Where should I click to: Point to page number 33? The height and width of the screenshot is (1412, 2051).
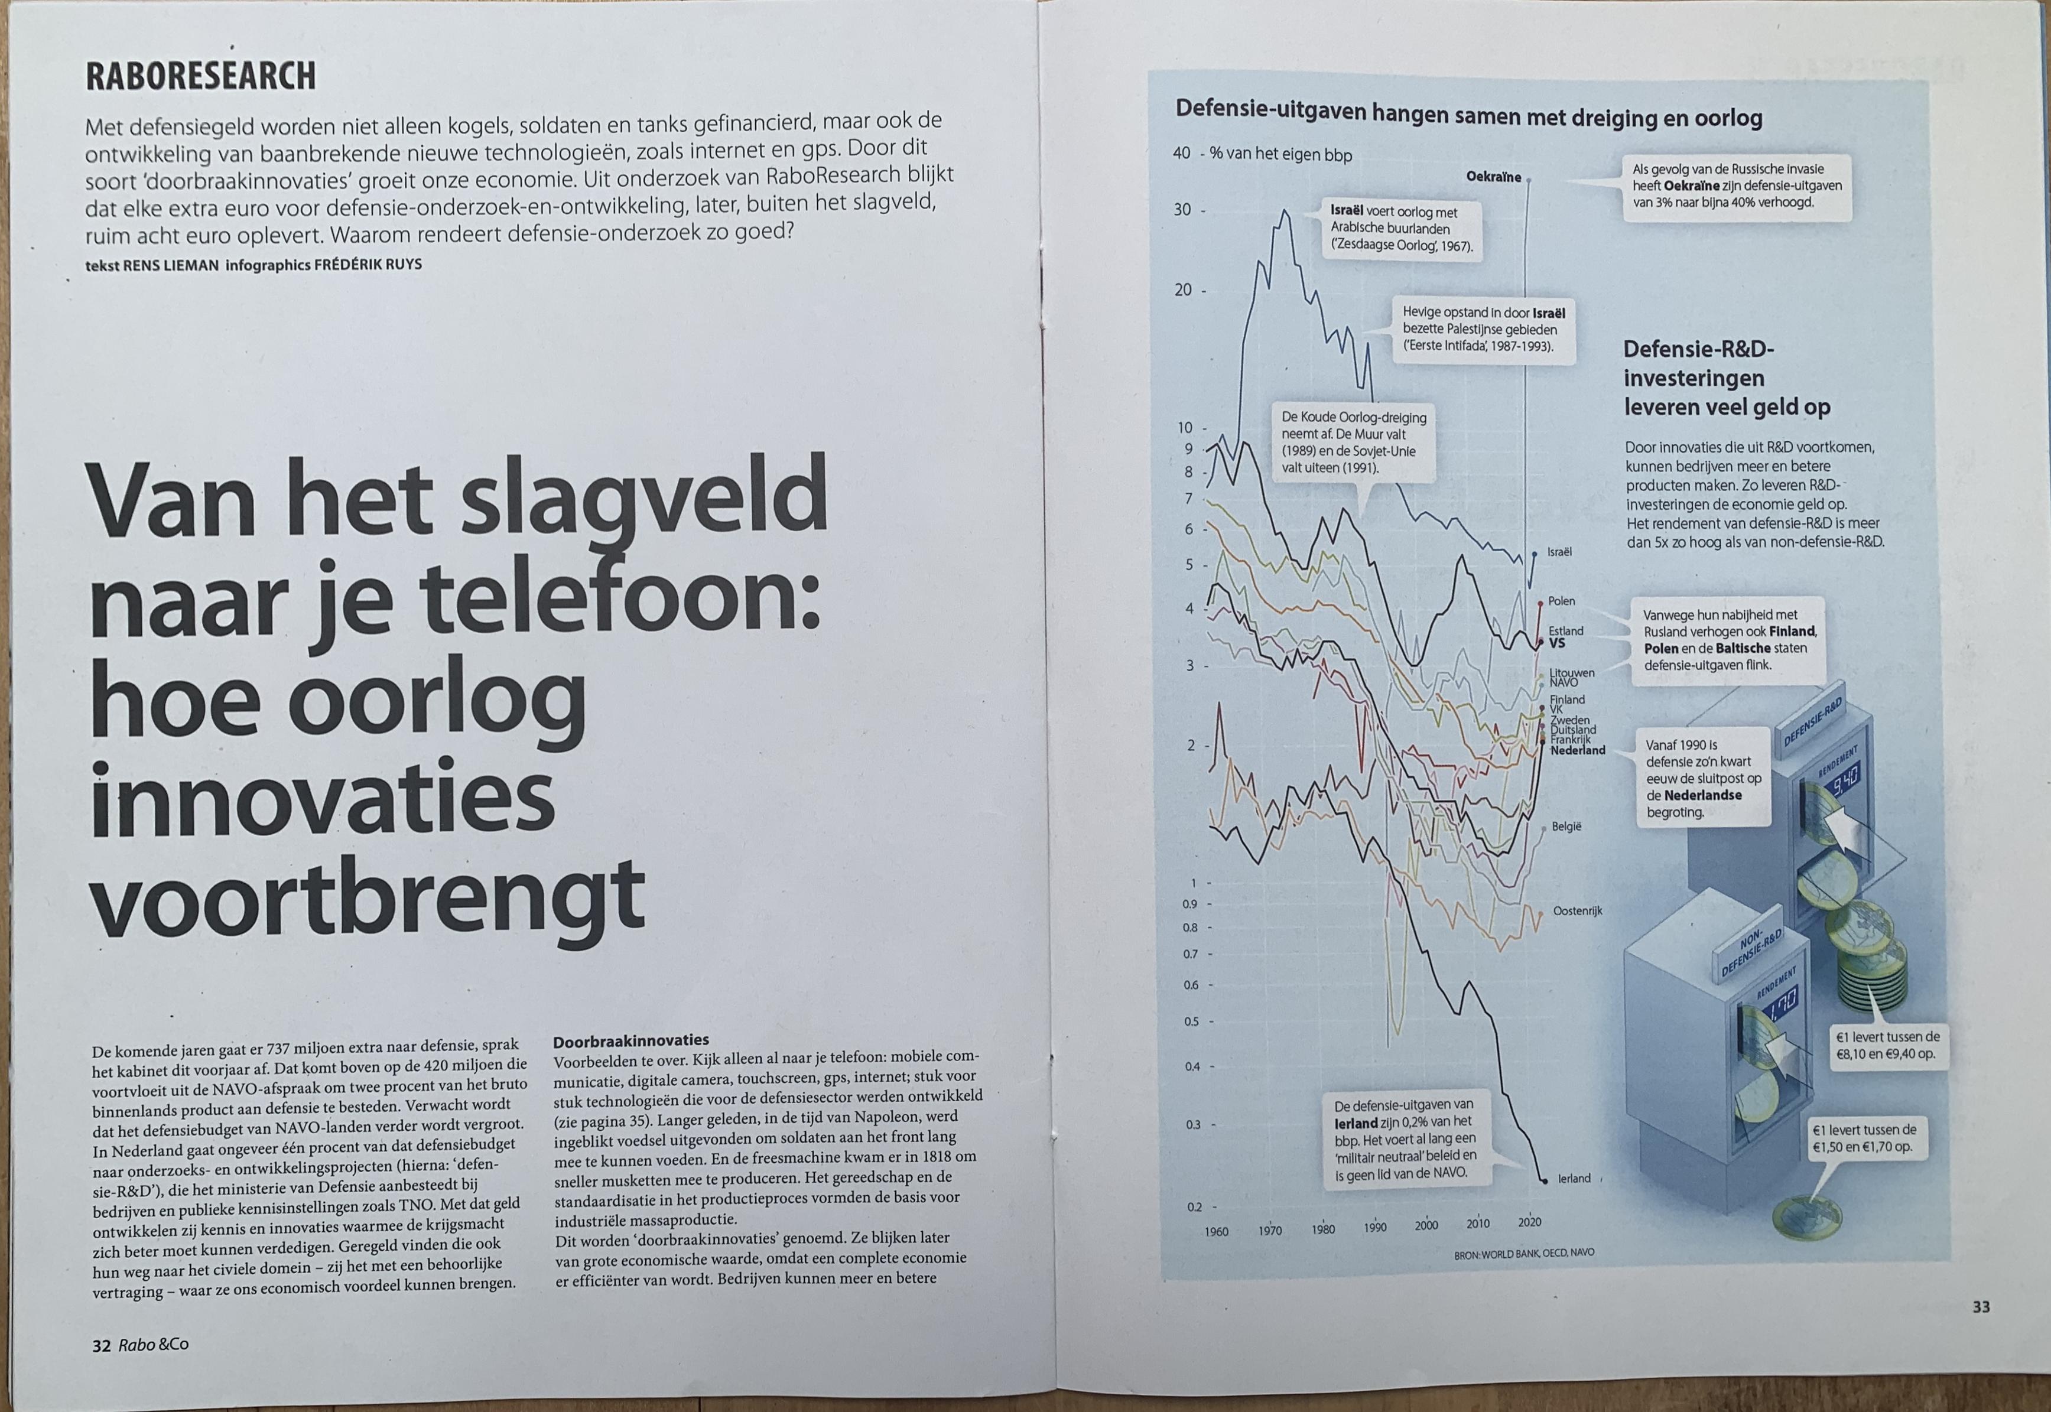(1981, 1307)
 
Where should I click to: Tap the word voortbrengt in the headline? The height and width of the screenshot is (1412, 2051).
(367, 897)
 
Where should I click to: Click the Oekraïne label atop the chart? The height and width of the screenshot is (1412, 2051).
(1494, 177)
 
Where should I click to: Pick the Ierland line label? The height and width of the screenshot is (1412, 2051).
(1574, 1179)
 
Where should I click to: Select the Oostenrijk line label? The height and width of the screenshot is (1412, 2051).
(1578, 910)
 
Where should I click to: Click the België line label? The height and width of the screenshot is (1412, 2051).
(1566, 827)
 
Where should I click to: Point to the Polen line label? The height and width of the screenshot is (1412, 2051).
(1562, 601)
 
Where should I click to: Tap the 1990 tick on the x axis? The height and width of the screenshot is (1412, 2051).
(1375, 1227)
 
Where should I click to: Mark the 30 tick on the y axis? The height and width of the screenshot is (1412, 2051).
(1183, 210)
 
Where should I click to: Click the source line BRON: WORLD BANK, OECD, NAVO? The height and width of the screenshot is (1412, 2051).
(1524, 1254)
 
